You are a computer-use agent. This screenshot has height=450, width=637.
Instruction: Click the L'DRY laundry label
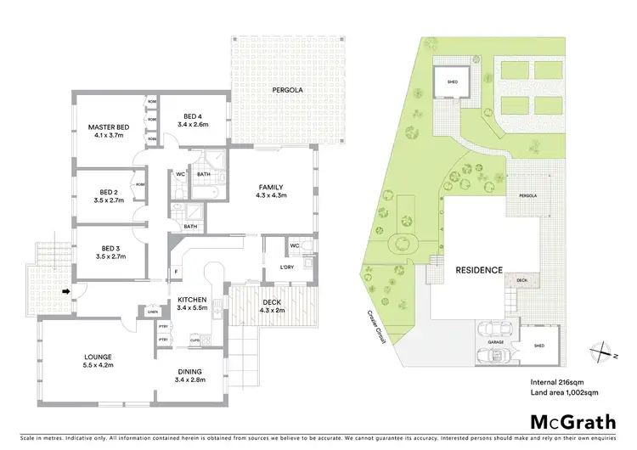[x=287, y=269]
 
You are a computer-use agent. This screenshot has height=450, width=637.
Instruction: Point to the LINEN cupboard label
[x=152, y=312]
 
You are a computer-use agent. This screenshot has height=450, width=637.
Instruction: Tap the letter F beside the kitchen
[x=176, y=273]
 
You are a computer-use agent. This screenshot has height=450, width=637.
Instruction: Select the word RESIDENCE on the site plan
[x=480, y=271]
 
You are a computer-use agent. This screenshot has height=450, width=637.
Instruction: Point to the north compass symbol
[x=603, y=348]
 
